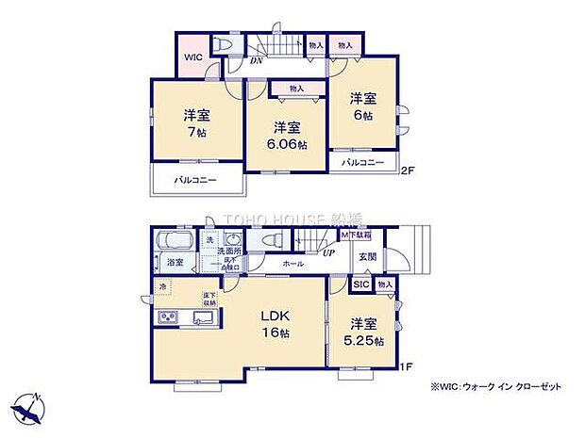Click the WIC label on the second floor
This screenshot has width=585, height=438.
pyautogui.click(x=192, y=57)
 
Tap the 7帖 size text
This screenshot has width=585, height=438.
pyautogui.click(x=197, y=132)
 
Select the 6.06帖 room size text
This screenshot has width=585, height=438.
pyautogui.click(x=288, y=143)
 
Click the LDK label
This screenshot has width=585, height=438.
pyautogui.click(x=274, y=316)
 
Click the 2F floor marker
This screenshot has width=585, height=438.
pyautogui.click(x=407, y=170)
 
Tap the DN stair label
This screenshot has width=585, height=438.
pyautogui.click(x=256, y=62)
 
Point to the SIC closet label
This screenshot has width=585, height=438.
pyautogui.click(x=360, y=284)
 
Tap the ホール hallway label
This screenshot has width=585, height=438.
pyautogui.click(x=292, y=264)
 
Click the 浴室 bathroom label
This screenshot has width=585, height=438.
pyautogui.click(x=175, y=265)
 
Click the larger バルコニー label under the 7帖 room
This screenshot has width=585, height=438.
pyautogui.click(x=196, y=179)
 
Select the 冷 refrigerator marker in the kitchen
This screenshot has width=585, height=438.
pyautogui.click(x=163, y=287)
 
